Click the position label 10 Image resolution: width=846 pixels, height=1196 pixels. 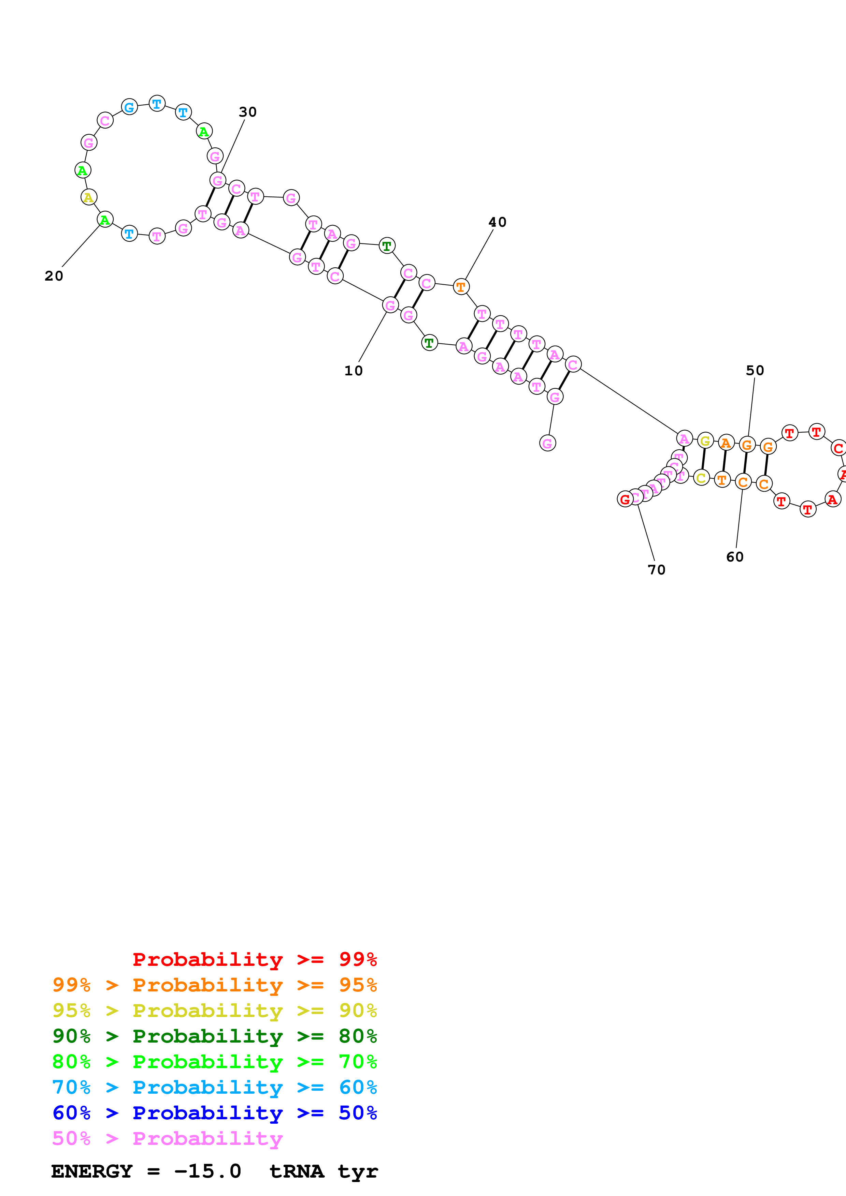point(354,371)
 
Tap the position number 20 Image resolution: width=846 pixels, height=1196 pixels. point(54,276)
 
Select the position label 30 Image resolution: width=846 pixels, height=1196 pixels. point(248,112)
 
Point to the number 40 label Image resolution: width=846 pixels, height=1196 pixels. point(497,222)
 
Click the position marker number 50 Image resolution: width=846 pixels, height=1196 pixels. point(755,370)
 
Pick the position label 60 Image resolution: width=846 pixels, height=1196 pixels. point(735,557)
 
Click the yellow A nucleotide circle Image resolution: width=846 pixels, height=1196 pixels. point(89,197)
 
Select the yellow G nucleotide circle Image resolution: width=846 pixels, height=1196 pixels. point(705,441)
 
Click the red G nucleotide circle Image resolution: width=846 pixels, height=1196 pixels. point(625,499)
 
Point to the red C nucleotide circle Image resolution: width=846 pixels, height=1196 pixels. point(838,448)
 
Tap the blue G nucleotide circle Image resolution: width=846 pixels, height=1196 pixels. point(129,107)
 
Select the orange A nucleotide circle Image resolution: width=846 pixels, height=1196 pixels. point(726,443)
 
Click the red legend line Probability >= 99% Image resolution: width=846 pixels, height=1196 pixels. point(254,959)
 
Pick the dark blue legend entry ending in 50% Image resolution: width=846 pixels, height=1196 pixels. point(214,1113)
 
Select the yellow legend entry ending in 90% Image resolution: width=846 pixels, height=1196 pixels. point(214,1011)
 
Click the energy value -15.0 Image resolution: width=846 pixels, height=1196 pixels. point(207,1171)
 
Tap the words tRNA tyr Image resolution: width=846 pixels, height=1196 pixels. point(323,1171)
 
